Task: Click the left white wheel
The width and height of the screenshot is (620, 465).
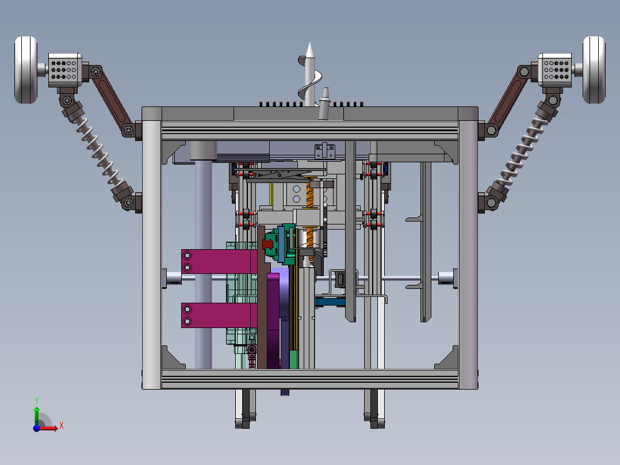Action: point(26,70)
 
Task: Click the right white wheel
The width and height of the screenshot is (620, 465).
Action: point(594,70)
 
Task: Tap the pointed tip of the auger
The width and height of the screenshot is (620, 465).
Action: point(309,43)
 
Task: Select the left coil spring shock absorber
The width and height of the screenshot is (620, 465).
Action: point(97,150)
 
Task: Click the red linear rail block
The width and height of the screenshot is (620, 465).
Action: point(268,244)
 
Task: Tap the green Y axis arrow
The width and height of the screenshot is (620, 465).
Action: point(37,415)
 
